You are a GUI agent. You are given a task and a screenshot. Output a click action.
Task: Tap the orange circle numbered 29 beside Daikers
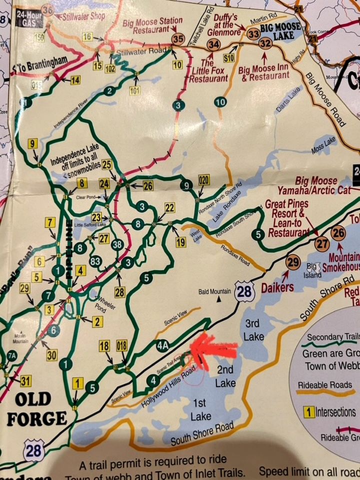(x=293, y=261)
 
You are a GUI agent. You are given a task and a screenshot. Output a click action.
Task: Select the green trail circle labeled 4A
(x=161, y=345)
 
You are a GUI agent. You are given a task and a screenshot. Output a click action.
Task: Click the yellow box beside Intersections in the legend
(x=309, y=412)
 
